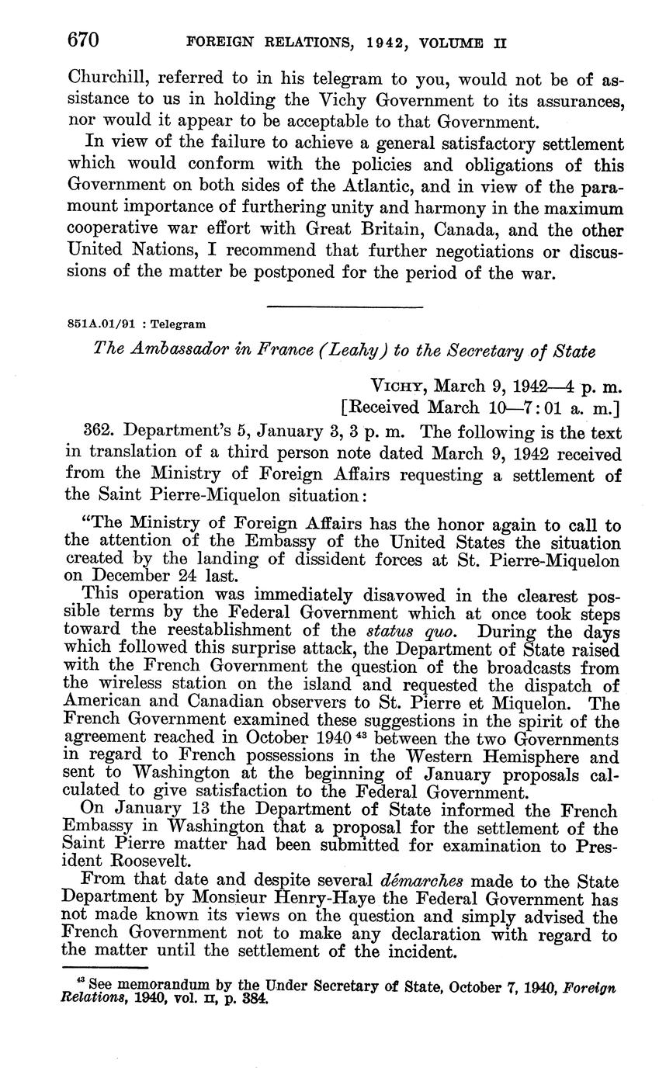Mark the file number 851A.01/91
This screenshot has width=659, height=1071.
tap(98, 324)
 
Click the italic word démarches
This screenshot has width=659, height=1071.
tap(421, 882)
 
